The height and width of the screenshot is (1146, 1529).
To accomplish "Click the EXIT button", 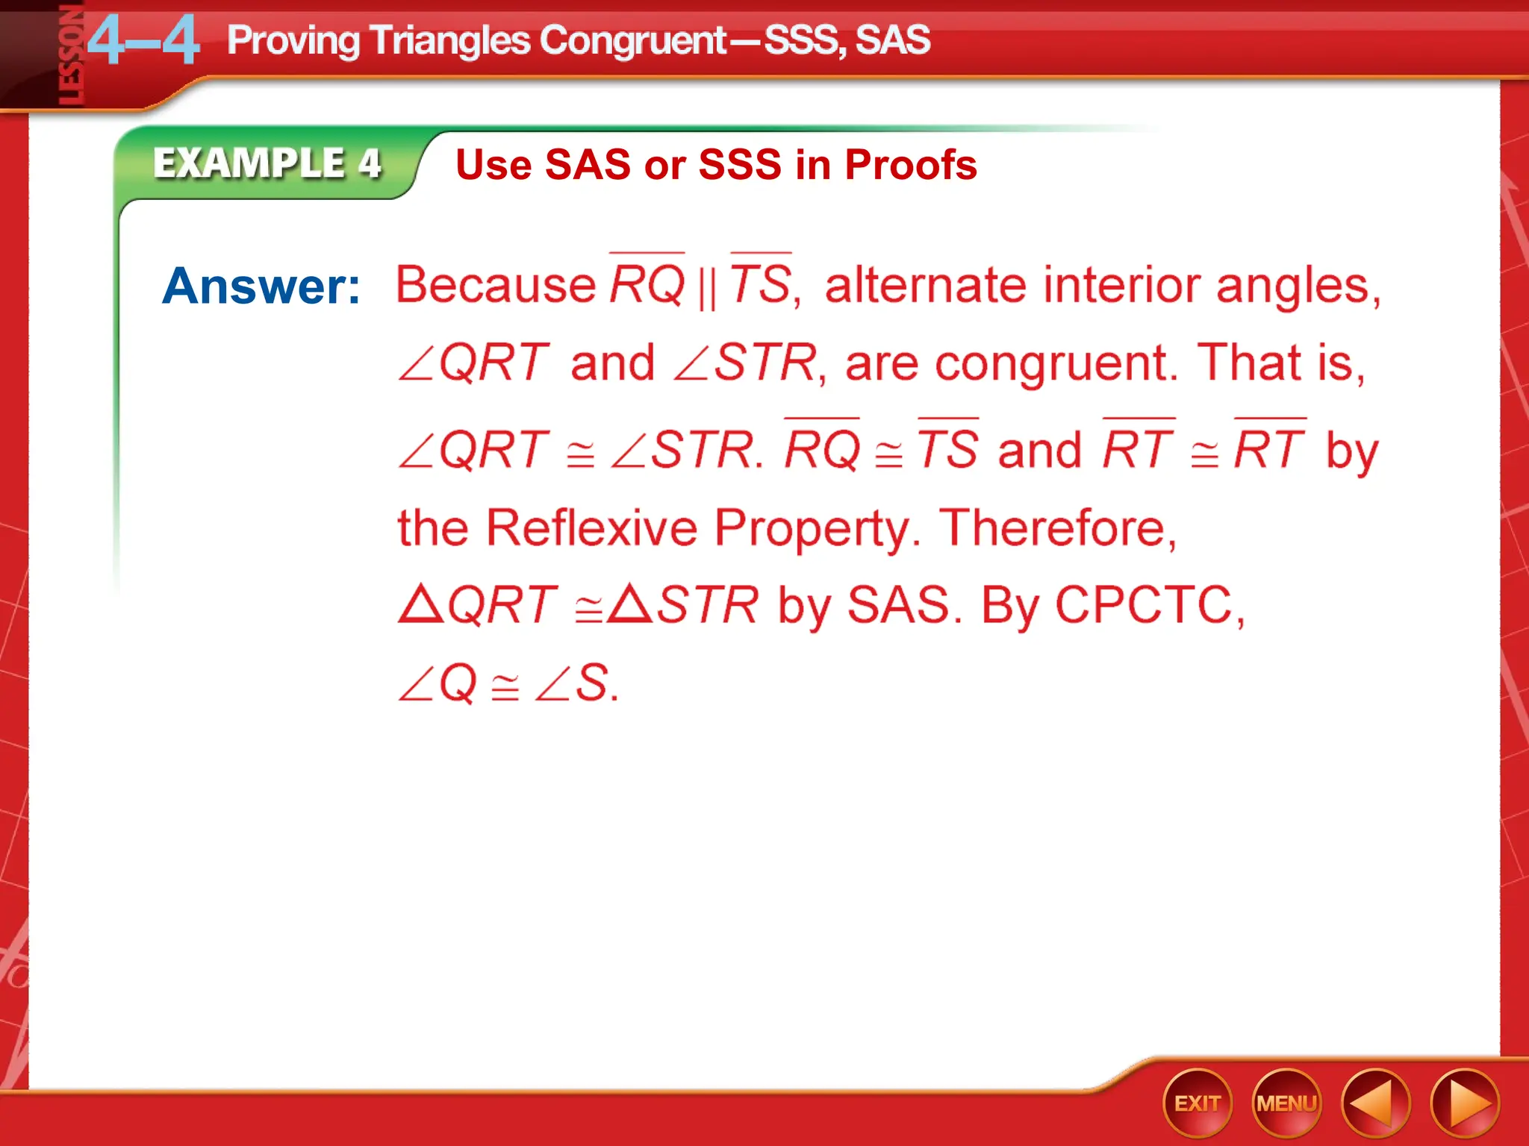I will pos(1197,1103).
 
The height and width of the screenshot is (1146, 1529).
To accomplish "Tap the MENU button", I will pos(1286,1103).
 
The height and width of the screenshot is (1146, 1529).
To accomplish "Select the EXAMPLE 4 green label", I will pos(267,163).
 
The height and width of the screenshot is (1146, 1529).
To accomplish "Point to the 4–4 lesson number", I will pos(143,42).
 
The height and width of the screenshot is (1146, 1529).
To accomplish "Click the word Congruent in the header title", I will pos(632,40).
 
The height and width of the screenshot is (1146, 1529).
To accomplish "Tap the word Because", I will pos(496,285).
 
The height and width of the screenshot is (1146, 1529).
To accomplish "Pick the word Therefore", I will pos(1056,528).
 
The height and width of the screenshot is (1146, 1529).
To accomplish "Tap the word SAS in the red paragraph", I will pos(899,604).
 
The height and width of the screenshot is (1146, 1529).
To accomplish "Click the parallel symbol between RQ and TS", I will pos(706,287).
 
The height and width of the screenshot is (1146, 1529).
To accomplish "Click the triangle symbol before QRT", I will pos(420,604).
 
